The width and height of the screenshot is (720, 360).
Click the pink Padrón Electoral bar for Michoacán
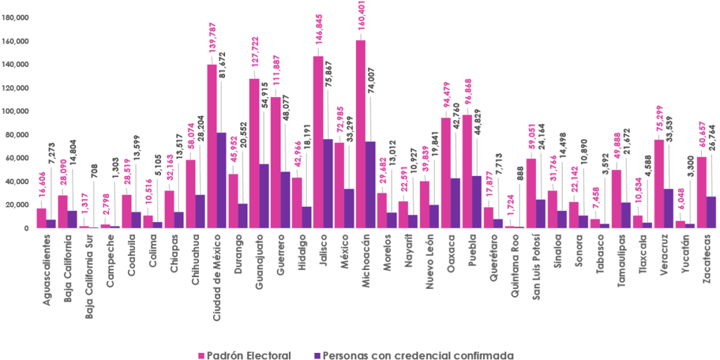pos(361,134)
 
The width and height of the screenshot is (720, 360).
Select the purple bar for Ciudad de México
pos(221,180)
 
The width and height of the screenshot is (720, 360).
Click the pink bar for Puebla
pos(467,148)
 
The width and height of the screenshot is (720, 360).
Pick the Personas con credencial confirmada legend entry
pos(414,354)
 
